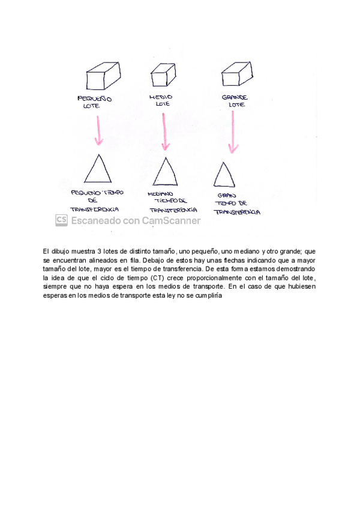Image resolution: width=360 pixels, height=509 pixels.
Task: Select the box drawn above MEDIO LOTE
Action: [x=163, y=77]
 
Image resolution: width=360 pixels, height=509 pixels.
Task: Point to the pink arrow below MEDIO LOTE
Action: [x=164, y=130]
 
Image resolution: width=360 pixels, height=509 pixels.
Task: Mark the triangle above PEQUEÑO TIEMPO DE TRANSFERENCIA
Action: [x=98, y=169]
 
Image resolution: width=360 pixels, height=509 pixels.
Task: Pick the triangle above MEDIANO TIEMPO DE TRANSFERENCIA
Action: [x=165, y=172]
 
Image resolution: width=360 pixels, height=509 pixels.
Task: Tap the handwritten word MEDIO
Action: [x=160, y=97]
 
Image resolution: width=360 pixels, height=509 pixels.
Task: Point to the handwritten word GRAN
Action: [x=227, y=194]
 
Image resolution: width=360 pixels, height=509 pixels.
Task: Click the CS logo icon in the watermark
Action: [x=61, y=220]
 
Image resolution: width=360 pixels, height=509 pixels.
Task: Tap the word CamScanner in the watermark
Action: [x=171, y=220]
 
